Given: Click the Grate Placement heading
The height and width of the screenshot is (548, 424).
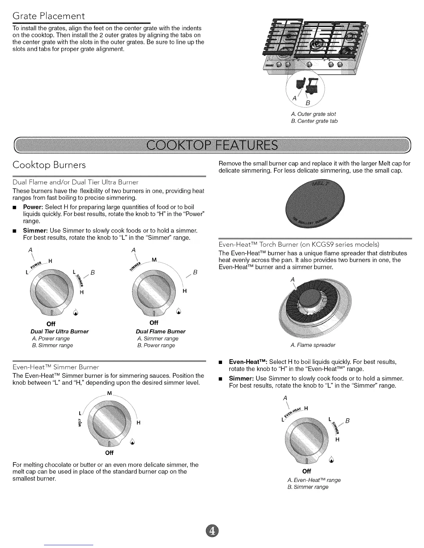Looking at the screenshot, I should tap(48, 16).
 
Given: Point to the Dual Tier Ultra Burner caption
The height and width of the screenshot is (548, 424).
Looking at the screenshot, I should tap(60, 331).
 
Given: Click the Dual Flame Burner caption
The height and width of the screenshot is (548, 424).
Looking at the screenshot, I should tap(161, 331).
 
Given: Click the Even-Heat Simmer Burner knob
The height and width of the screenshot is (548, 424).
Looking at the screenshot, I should tap(109, 422).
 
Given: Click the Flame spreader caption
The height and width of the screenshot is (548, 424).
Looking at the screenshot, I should tap(313, 345).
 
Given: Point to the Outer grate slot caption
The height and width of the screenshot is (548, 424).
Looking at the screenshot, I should tap(313, 114).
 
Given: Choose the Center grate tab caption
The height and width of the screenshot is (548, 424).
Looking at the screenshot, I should tap(315, 121).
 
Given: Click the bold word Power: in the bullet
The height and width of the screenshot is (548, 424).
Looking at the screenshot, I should tap(33, 207).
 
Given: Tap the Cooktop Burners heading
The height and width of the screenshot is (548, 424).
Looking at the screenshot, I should tap(49, 165).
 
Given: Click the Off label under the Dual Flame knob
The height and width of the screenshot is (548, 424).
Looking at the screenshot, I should tap(154, 323).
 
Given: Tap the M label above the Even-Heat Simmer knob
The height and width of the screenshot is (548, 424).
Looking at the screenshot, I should tap(109, 394).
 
